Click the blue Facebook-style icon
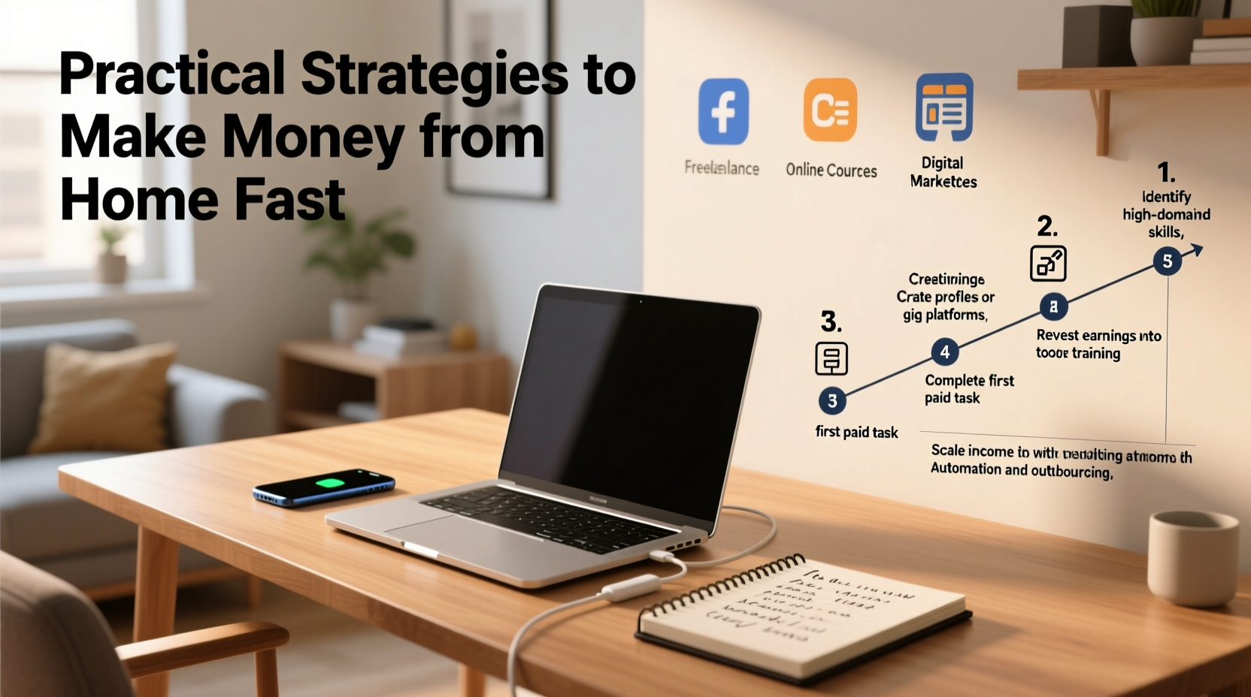[722, 111]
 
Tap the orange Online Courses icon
[830, 110]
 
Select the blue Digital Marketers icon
[944, 107]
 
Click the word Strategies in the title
[435, 74]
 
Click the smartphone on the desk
[323, 487]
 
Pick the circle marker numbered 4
[944, 352]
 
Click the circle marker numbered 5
[1167, 261]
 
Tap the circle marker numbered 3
[831, 401]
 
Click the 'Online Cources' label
[831, 170]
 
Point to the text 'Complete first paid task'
[968, 389]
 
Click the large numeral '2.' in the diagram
[1047, 226]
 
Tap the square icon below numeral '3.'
[831, 358]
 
